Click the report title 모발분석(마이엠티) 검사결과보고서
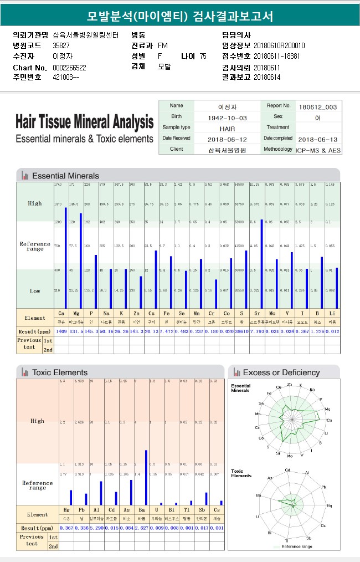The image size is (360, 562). (180, 17)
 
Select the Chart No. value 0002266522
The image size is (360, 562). (69, 68)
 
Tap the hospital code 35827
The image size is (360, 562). (61, 45)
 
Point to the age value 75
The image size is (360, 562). (203, 57)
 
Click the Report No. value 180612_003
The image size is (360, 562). (317, 107)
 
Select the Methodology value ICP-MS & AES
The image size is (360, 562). (318, 150)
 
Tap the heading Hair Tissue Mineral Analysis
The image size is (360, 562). (85, 121)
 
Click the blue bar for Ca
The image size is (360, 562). (65, 258)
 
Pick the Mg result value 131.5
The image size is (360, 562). (76, 331)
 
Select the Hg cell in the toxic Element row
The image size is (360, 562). (66, 509)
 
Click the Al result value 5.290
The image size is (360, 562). (96, 528)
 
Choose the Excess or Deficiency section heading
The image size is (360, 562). (281, 372)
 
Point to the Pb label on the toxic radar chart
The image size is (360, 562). (323, 487)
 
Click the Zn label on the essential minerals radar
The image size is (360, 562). (289, 384)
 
